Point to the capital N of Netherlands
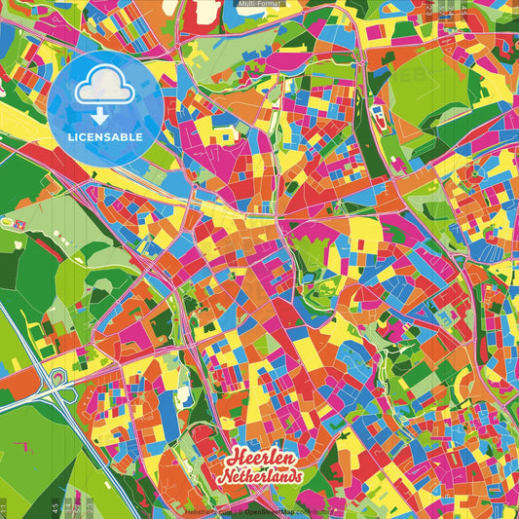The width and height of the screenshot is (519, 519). tap(223, 478)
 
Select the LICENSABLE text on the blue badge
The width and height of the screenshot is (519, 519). tap(105, 137)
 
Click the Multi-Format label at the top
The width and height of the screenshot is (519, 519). tap(259, 4)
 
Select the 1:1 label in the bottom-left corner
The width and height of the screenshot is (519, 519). tap(4, 508)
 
